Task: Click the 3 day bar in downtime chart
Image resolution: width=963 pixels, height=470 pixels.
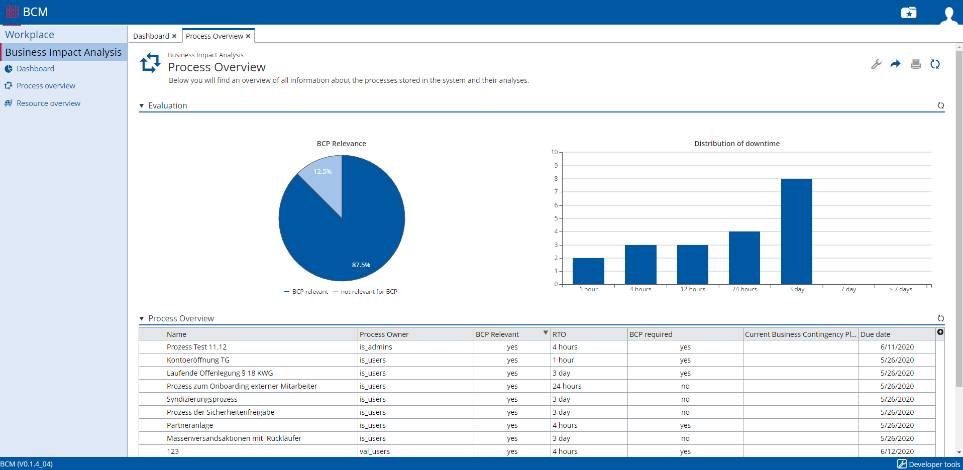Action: [796, 231]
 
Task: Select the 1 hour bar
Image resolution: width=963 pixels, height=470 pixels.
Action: [588, 271]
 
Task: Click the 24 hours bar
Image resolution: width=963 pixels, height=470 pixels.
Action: [744, 258]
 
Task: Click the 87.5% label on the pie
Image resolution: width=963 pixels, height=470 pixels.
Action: [361, 265]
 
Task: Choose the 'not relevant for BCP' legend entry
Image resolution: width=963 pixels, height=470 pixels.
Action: [369, 292]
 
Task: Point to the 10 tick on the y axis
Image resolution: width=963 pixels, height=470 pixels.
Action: [554, 152]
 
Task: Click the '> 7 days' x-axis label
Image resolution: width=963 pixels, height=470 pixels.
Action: [900, 289]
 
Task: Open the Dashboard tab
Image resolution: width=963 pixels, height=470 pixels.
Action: [151, 36]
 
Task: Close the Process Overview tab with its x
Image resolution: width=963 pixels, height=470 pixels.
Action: [248, 36]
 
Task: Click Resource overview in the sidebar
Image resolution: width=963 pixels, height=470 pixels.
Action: [48, 103]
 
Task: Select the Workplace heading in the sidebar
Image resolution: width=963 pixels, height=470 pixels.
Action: [30, 35]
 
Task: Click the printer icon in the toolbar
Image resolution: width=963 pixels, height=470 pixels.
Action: [916, 64]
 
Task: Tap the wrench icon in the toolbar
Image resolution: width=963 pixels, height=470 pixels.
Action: [876, 64]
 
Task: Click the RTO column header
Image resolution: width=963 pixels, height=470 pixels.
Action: [559, 334]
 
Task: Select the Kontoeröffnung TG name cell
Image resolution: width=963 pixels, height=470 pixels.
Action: [198, 360]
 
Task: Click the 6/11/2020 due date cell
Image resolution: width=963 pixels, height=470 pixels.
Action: [897, 347]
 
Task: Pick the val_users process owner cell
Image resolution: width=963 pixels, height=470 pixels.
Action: [375, 451]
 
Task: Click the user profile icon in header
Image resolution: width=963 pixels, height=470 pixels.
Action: [948, 14]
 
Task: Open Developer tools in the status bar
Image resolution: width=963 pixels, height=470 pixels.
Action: [929, 464]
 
